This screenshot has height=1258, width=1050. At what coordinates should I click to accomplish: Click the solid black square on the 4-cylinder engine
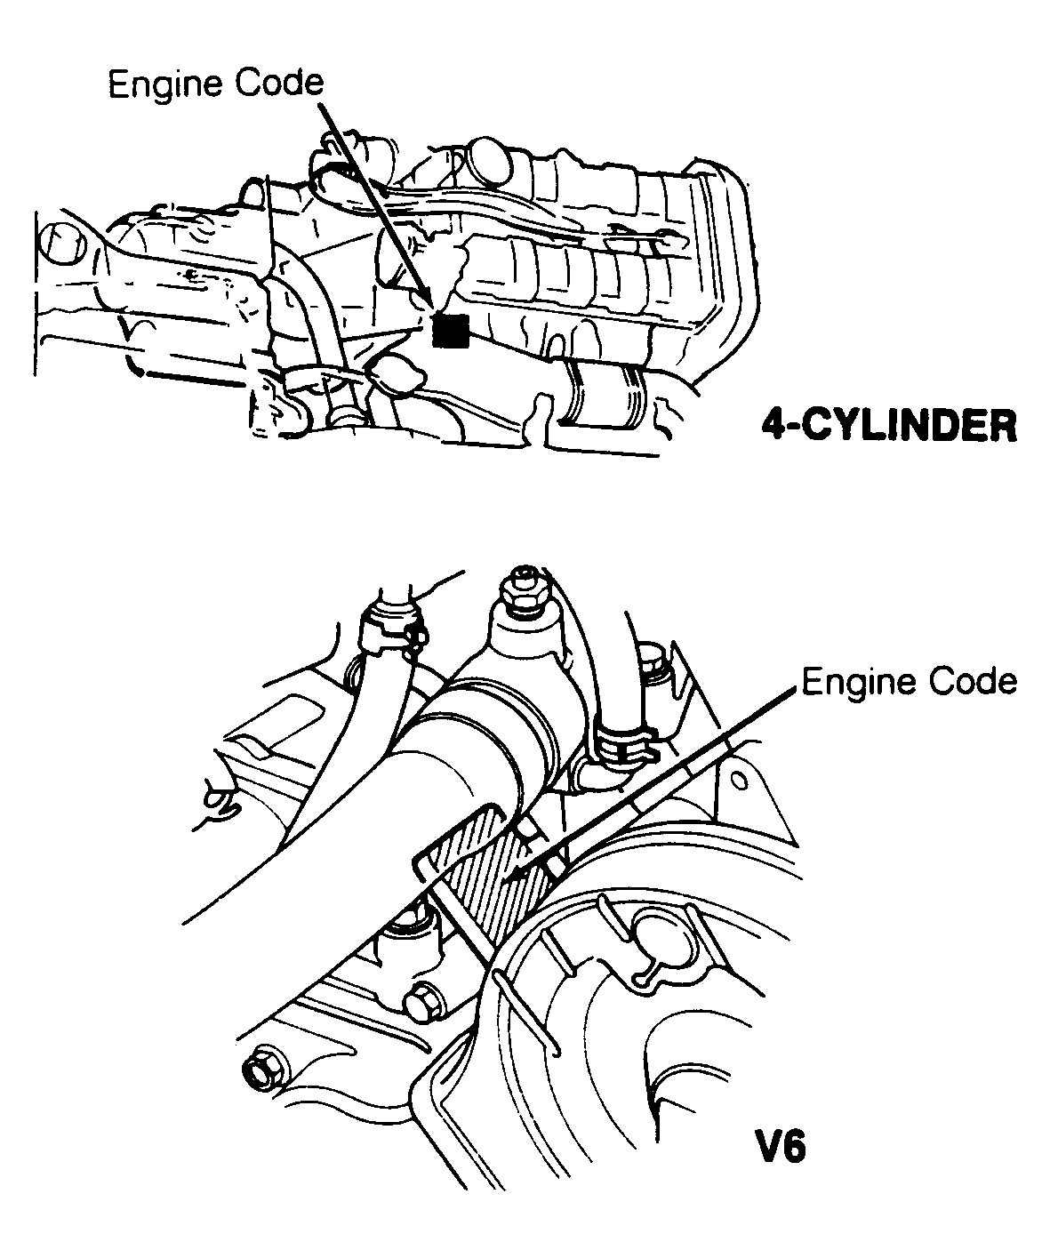click(x=450, y=332)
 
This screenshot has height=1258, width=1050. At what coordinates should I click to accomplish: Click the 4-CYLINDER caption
click(x=888, y=426)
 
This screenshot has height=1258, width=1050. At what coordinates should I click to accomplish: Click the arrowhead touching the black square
click(x=429, y=302)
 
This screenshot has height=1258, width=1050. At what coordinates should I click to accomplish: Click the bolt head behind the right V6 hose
click(x=653, y=659)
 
